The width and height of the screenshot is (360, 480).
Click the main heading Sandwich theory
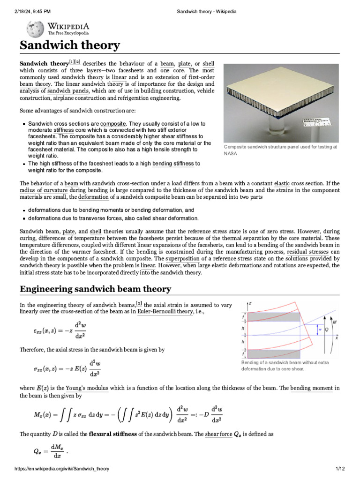pyautogui.click(x=69, y=45)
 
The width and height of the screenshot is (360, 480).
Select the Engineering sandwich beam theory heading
pyautogui.click(x=95, y=289)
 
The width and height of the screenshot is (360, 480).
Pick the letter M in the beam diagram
pyautogui.click(x=334, y=322)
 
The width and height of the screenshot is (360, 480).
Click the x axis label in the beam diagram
pyautogui.click(x=337, y=337)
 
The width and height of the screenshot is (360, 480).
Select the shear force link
pyautogui.click(x=218, y=434)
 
